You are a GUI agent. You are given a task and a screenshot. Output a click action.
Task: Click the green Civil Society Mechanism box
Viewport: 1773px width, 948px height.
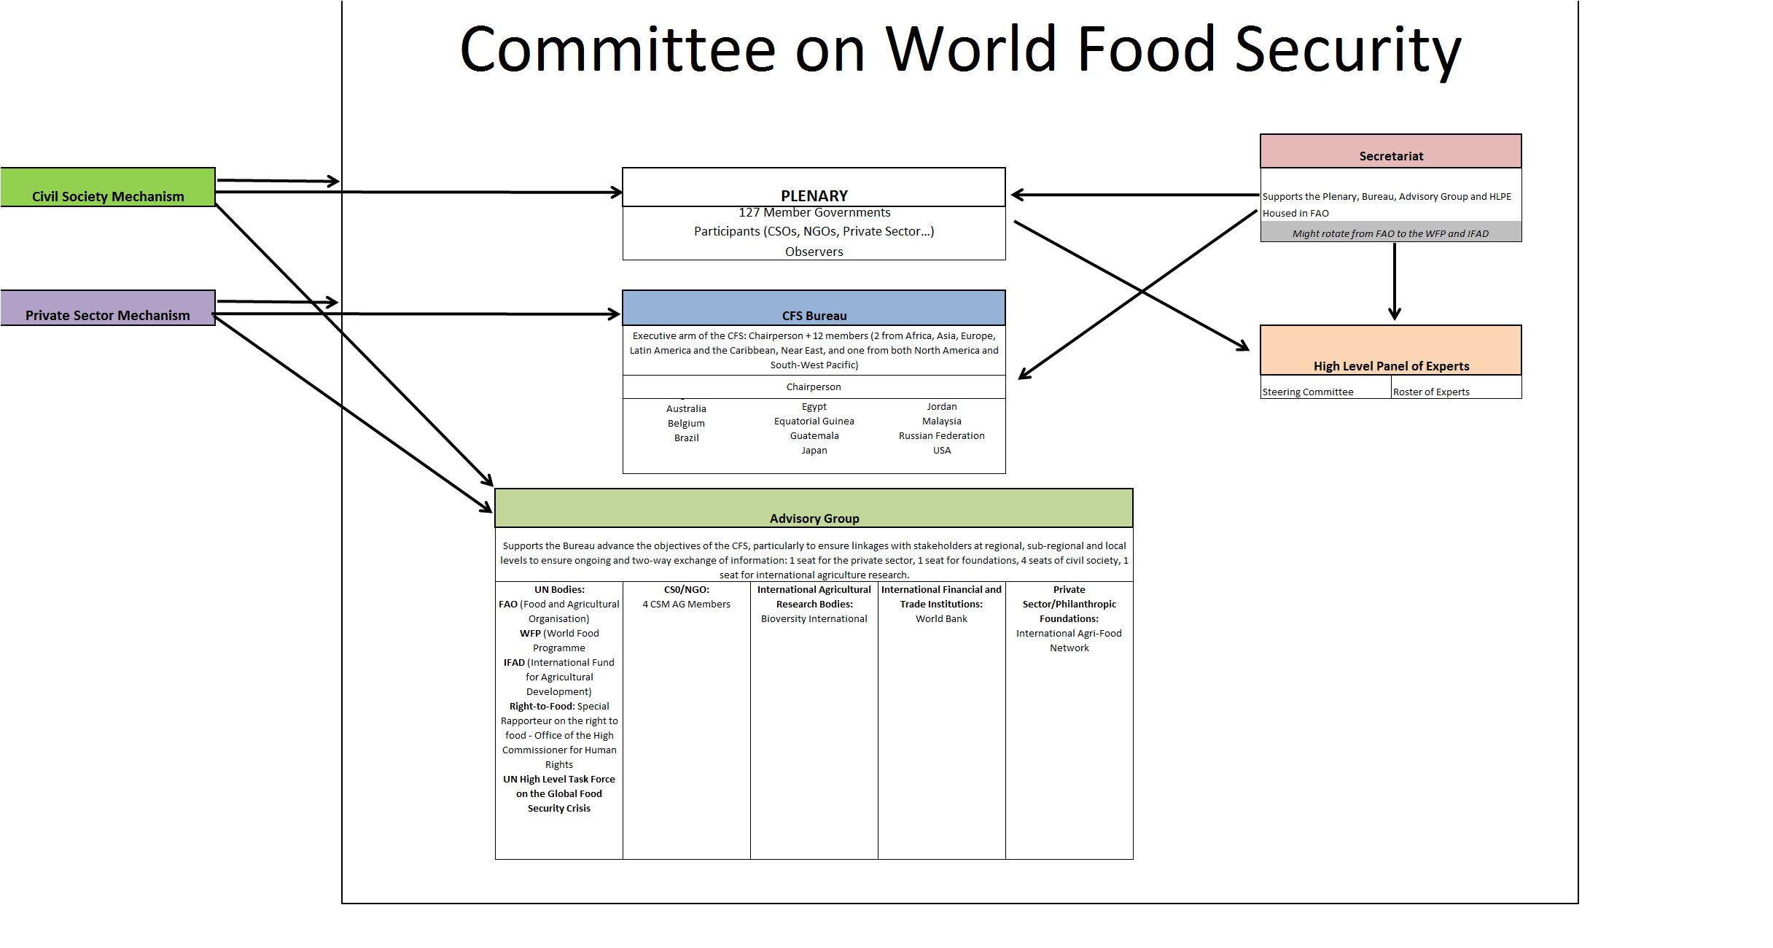click(x=108, y=188)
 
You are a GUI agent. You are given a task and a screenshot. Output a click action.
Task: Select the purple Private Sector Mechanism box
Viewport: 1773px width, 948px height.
click(x=108, y=308)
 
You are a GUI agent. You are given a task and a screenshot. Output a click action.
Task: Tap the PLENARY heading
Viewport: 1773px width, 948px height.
click(x=814, y=195)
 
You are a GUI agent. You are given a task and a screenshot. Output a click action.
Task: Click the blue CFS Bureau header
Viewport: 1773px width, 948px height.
click(x=814, y=308)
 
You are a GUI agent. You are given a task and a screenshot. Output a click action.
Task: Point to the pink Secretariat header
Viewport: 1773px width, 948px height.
click(x=1390, y=152)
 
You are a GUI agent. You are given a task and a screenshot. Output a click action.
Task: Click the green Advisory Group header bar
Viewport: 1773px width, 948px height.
click(x=814, y=509)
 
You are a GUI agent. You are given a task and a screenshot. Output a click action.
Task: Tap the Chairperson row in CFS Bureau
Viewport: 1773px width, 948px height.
click(x=814, y=386)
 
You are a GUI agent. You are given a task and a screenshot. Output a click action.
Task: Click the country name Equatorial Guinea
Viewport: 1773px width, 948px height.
click(x=814, y=421)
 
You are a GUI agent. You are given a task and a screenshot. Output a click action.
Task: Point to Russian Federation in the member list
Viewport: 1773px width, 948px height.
click(x=941, y=435)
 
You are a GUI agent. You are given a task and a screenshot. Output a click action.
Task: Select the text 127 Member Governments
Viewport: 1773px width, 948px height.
click(x=814, y=212)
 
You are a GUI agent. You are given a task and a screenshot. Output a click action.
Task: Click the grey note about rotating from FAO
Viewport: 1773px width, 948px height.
click(x=1390, y=233)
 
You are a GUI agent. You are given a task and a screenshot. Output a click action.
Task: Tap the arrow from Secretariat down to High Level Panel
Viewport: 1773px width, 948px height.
click(x=1394, y=281)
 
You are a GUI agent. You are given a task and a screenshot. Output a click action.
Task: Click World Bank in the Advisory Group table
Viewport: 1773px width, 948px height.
click(x=941, y=618)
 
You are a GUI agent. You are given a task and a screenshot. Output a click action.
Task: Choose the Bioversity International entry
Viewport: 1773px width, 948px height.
click(x=814, y=618)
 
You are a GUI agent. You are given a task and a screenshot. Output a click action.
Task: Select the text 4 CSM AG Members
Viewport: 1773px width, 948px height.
click(x=686, y=604)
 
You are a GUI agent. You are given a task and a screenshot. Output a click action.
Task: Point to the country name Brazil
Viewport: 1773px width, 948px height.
click(x=686, y=438)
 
